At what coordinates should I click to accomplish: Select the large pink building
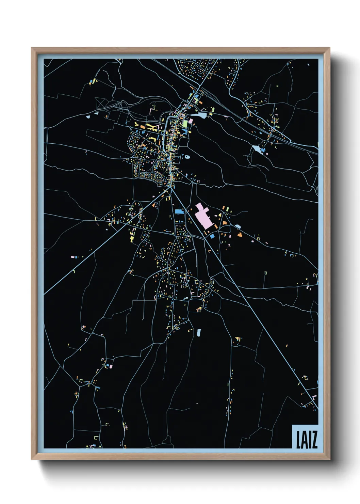(204, 216)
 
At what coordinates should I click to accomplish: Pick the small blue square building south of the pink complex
(212, 236)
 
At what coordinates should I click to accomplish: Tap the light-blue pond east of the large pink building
(238, 226)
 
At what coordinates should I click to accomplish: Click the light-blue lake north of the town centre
(200, 115)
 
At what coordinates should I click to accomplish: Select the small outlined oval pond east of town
(187, 157)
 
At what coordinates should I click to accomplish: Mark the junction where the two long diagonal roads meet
(170, 187)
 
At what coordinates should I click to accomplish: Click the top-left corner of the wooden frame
(32, 48)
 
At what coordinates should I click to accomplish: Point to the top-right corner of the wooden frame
(329, 48)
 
